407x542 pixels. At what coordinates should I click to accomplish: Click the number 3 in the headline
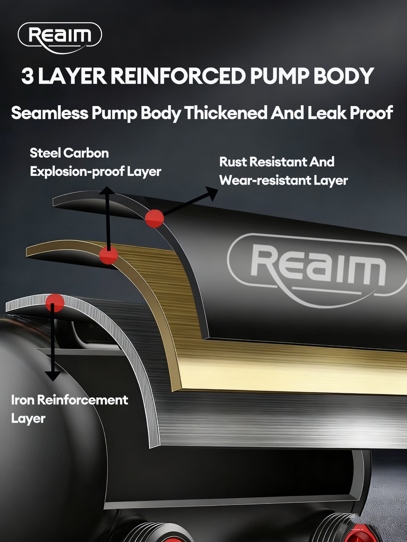[x=27, y=76]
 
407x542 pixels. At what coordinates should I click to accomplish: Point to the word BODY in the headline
[x=344, y=76]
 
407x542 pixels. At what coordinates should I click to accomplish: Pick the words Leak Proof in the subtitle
[x=350, y=113]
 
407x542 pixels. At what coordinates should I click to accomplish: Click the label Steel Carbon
[x=69, y=153]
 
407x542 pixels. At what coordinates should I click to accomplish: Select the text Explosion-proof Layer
[x=95, y=172]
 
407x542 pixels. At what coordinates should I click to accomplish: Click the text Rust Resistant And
[x=277, y=162]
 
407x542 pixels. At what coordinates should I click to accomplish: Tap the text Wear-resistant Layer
[x=283, y=181]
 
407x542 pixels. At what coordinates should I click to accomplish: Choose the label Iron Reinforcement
[x=70, y=400]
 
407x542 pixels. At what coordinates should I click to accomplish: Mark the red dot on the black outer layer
[x=154, y=218]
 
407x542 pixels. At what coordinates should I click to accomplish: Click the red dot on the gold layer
[x=108, y=255]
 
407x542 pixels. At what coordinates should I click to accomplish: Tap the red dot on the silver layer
[x=54, y=303]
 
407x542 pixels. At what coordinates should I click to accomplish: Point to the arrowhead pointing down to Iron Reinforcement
[x=52, y=376]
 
